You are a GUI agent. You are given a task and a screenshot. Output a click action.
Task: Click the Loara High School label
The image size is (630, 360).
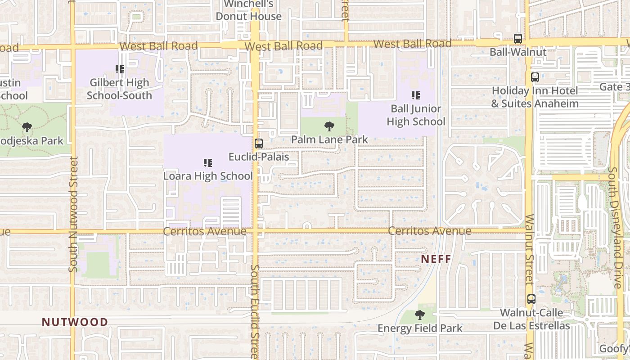(x=208, y=176)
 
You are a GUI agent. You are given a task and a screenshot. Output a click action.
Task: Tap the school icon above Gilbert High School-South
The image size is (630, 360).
(x=120, y=69)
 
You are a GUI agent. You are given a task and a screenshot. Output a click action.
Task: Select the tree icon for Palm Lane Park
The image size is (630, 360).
(x=329, y=126)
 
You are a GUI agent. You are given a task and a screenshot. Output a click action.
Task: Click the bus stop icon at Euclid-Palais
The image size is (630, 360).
(x=259, y=144)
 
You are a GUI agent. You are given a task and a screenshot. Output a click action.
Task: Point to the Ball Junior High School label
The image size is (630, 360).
(x=416, y=115)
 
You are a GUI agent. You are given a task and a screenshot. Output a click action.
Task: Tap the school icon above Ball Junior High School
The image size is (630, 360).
(x=416, y=95)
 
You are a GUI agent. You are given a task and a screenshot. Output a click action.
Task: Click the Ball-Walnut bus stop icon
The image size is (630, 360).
(x=518, y=39)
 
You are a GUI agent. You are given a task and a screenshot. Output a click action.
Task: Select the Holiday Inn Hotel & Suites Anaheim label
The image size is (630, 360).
(x=535, y=97)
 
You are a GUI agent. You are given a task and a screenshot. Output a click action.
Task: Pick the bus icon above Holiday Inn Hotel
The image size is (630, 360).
(x=535, y=77)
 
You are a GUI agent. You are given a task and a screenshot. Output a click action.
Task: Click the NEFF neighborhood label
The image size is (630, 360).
(x=436, y=259)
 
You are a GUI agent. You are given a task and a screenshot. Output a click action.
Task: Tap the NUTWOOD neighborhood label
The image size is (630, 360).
(x=75, y=322)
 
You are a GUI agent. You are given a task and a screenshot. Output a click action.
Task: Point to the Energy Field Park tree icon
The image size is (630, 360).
(x=420, y=315)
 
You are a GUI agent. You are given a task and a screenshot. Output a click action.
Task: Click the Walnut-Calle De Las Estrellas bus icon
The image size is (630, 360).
(x=531, y=299)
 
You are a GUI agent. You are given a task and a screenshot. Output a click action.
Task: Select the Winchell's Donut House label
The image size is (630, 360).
(x=249, y=10)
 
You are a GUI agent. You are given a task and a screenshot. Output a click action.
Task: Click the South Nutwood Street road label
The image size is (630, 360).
(x=73, y=214)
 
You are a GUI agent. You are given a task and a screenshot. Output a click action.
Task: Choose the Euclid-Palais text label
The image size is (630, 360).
(x=259, y=157)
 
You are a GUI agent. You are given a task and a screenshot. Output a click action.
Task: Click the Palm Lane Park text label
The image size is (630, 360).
(x=329, y=139)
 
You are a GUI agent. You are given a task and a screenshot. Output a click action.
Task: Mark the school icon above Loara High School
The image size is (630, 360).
(x=208, y=163)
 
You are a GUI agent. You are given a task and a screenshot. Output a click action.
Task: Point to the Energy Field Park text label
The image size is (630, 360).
(x=420, y=328)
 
